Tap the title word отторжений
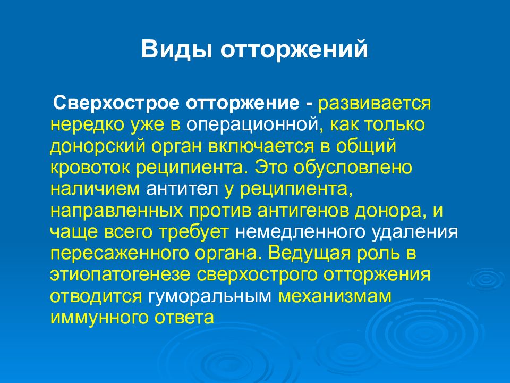pos(294,49)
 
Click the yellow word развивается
pos(375,104)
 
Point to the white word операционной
pos(252,126)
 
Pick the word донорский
pos(97,147)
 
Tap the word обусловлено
pos(353,168)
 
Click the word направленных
pos(116,211)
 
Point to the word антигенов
pos(303,211)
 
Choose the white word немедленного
pos(299,232)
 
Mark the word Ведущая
pos(310,253)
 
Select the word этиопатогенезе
pos(120,274)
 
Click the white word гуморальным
pos(210,296)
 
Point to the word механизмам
pos(335,296)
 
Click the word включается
pos(261,147)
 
